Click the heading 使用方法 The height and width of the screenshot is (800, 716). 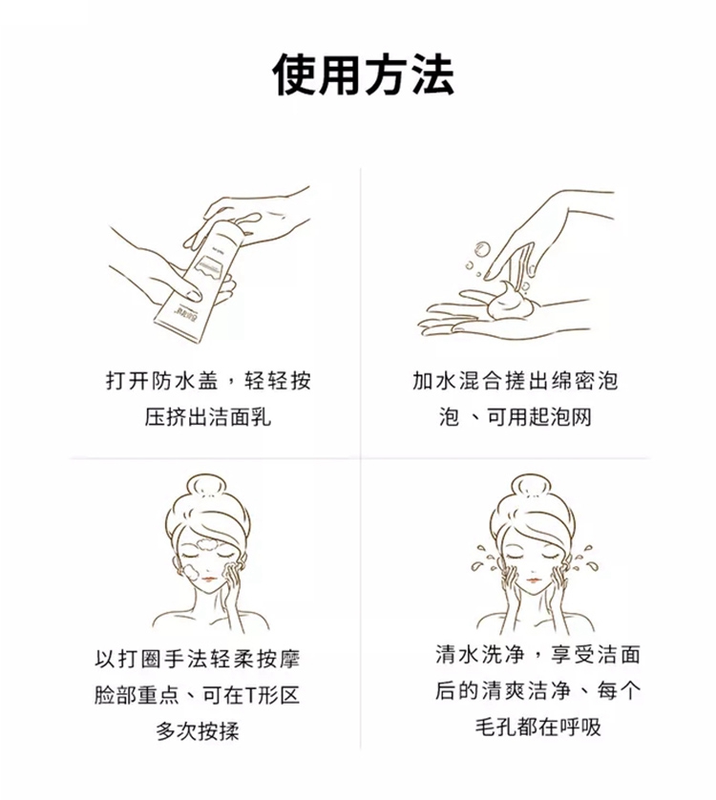coord(363,74)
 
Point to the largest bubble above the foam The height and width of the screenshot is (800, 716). coord(482,249)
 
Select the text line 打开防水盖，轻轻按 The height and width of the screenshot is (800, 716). coord(208,381)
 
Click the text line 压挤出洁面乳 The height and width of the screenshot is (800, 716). coord(208,417)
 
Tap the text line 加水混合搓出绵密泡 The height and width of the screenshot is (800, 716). coord(515,381)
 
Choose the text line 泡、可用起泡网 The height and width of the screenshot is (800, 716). coord(515,417)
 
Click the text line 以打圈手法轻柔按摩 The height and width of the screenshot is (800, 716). coord(197,659)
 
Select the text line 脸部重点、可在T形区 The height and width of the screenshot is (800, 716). coord(197,695)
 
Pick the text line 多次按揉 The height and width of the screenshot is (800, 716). coord(198,731)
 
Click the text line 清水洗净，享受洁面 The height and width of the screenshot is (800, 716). coord(537,655)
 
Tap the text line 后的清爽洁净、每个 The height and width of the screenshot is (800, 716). coord(537,691)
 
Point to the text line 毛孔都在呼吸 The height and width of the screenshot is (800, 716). coord(538,727)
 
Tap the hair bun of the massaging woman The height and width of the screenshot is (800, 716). coord(209,485)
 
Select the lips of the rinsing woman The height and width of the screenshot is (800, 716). coord(533,579)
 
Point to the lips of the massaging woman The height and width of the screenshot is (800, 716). coord(209,579)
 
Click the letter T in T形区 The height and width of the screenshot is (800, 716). coord(250,695)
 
